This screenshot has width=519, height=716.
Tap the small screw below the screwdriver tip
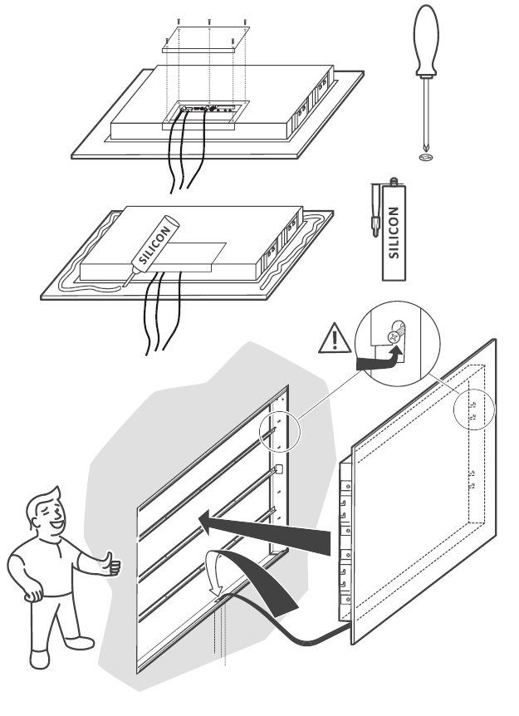(426, 155)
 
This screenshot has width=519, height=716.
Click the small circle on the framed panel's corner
(473, 408)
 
